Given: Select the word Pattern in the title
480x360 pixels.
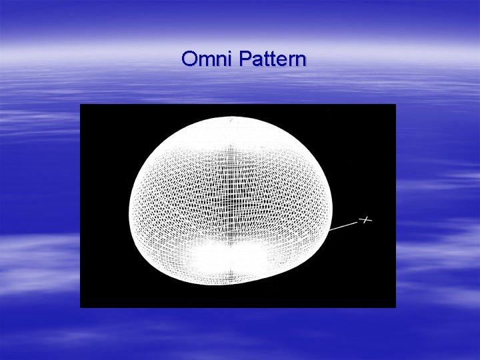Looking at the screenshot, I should [x=271, y=59].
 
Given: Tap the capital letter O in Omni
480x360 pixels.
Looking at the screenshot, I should [x=189, y=59].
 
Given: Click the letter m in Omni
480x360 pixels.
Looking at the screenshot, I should [x=204, y=61].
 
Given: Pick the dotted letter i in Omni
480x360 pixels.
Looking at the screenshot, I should [x=227, y=59].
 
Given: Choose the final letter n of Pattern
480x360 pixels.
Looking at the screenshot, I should [x=301, y=61].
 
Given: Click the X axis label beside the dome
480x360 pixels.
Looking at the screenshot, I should [x=365, y=219].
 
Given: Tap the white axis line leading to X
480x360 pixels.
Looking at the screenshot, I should [x=345, y=226].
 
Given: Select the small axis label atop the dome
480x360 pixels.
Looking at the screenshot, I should [x=231, y=121].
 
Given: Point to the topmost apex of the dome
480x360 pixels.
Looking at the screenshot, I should [x=230, y=117].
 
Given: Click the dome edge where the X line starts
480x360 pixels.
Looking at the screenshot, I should [x=330, y=231].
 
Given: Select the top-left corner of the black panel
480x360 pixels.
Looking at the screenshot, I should [x=81, y=105].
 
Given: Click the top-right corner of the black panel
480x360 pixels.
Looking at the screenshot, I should [x=395, y=105].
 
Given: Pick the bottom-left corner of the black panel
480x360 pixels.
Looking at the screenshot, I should [x=81, y=307].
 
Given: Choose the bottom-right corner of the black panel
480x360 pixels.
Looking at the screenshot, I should [x=395, y=307].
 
